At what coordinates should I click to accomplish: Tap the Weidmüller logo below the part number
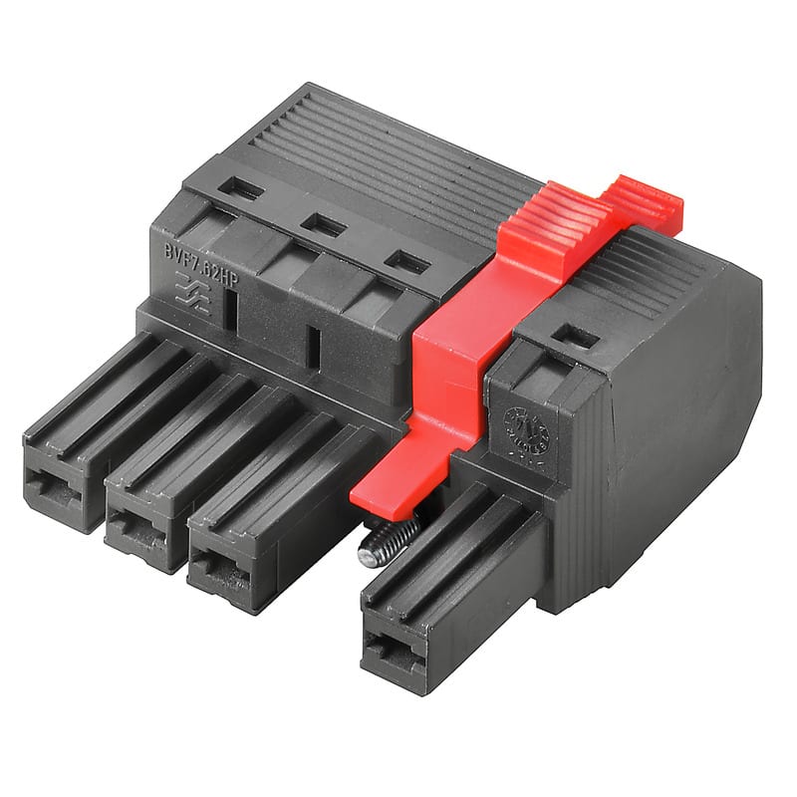point(192,296)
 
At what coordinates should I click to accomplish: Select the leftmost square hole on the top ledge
point(240,187)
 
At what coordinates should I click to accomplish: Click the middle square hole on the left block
point(322,225)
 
